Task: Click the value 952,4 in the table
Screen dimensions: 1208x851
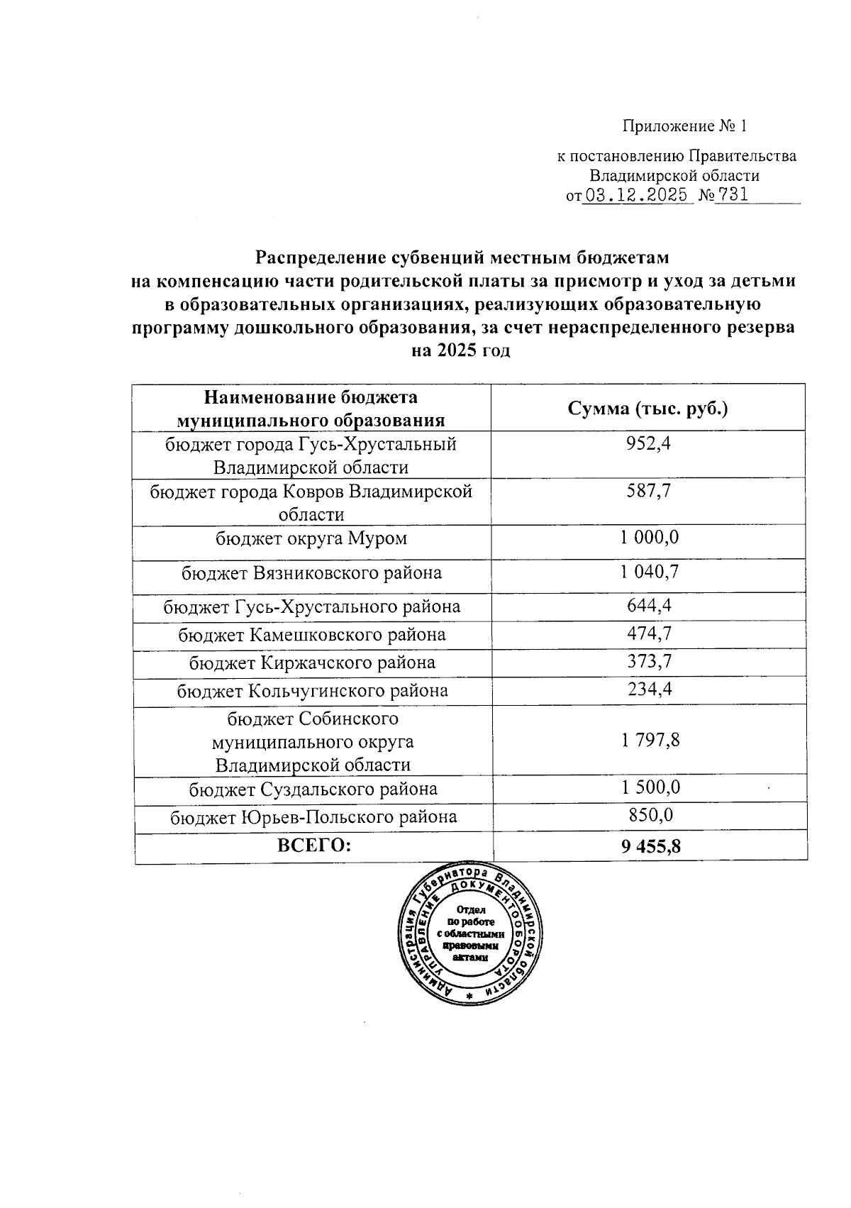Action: (650, 444)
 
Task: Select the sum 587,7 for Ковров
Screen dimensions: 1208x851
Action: (650, 491)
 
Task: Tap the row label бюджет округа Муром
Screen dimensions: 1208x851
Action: (311, 538)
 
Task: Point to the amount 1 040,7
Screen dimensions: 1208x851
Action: (650, 572)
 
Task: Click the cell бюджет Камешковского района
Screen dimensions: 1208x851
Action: (311, 634)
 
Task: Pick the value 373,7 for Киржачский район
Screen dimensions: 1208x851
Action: (650, 661)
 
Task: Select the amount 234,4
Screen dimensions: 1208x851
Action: (650, 689)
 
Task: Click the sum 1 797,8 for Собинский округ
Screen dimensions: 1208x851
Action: (650, 741)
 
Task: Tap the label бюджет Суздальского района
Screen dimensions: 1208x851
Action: (313, 789)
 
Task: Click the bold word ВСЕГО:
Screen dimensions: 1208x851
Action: (314, 845)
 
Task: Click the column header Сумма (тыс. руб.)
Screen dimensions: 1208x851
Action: (648, 409)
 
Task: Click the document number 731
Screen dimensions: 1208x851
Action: (732, 195)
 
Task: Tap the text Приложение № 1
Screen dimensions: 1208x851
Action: (684, 127)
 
